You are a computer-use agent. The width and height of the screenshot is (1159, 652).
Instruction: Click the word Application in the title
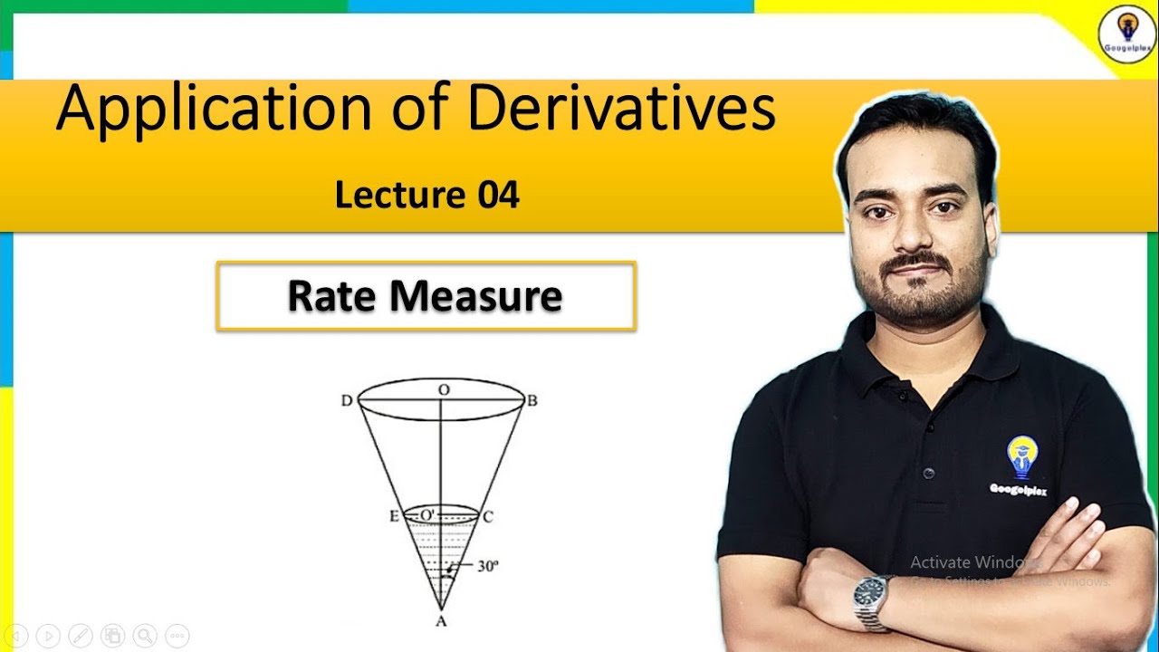point(213,109)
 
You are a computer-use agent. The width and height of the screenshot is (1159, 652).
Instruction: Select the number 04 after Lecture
point(499,195)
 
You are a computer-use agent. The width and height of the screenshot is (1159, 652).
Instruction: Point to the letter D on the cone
point(347,401)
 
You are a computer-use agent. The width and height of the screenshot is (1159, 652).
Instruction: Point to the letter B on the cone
point(532,401)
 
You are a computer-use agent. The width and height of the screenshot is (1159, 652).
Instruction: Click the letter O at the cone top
point(443,388)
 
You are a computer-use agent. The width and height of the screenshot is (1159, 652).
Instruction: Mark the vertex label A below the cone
point(441,620)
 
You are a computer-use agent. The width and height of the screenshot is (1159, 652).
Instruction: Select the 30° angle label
point(488,567)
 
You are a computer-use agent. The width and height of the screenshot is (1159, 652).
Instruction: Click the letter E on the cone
point(394,517)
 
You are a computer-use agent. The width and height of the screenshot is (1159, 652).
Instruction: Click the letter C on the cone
point(487,517)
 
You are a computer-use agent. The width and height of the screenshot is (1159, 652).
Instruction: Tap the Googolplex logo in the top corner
point(1125,33)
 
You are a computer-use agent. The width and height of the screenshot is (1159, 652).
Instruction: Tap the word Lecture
point(399,195)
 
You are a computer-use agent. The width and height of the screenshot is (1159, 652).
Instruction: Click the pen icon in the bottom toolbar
point(81,635)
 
